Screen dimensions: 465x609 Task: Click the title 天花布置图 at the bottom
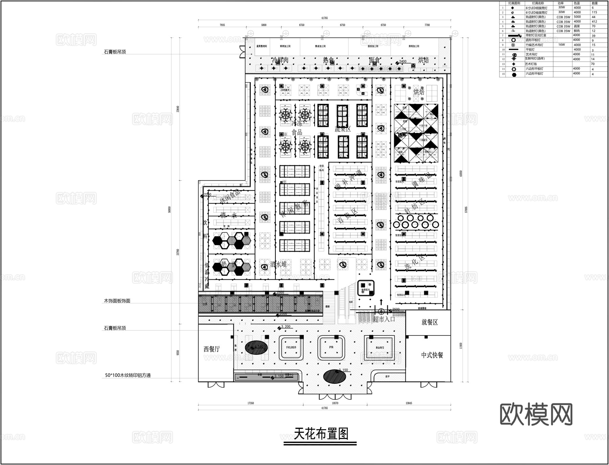[x=320, y=434]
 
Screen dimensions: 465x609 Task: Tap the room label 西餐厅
[x=212, y=349]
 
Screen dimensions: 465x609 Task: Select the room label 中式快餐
[x=432, y=355]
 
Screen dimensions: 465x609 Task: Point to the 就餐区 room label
[x=429, y=322]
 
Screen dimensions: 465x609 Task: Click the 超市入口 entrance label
[x=384, y=319]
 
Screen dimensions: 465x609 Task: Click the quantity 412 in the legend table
[x=594, y=22]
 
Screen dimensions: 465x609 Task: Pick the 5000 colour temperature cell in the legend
[x=577, y=17]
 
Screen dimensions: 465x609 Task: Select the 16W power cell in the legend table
[x=561, y=45]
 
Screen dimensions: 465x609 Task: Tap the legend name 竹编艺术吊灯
[x=534, y=45]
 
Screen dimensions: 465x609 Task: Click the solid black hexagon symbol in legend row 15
[x=514, y=74]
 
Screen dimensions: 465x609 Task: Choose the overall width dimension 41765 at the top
[x=324, y=18]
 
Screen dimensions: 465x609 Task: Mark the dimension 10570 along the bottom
[x=335, y=403]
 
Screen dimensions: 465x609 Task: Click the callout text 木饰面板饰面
[x=117, y=301]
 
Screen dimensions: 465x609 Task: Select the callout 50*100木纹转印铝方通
[x=128, y=375]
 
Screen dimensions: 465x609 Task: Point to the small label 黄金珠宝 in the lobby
[x=380, y=348]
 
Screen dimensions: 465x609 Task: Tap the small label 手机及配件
[x=291, y=347]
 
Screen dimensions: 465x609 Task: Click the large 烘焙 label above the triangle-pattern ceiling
[x=419, y=92]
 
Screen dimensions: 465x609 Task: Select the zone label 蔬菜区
[x=343, y=129]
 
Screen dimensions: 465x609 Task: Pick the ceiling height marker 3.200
[x=286, y=327]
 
